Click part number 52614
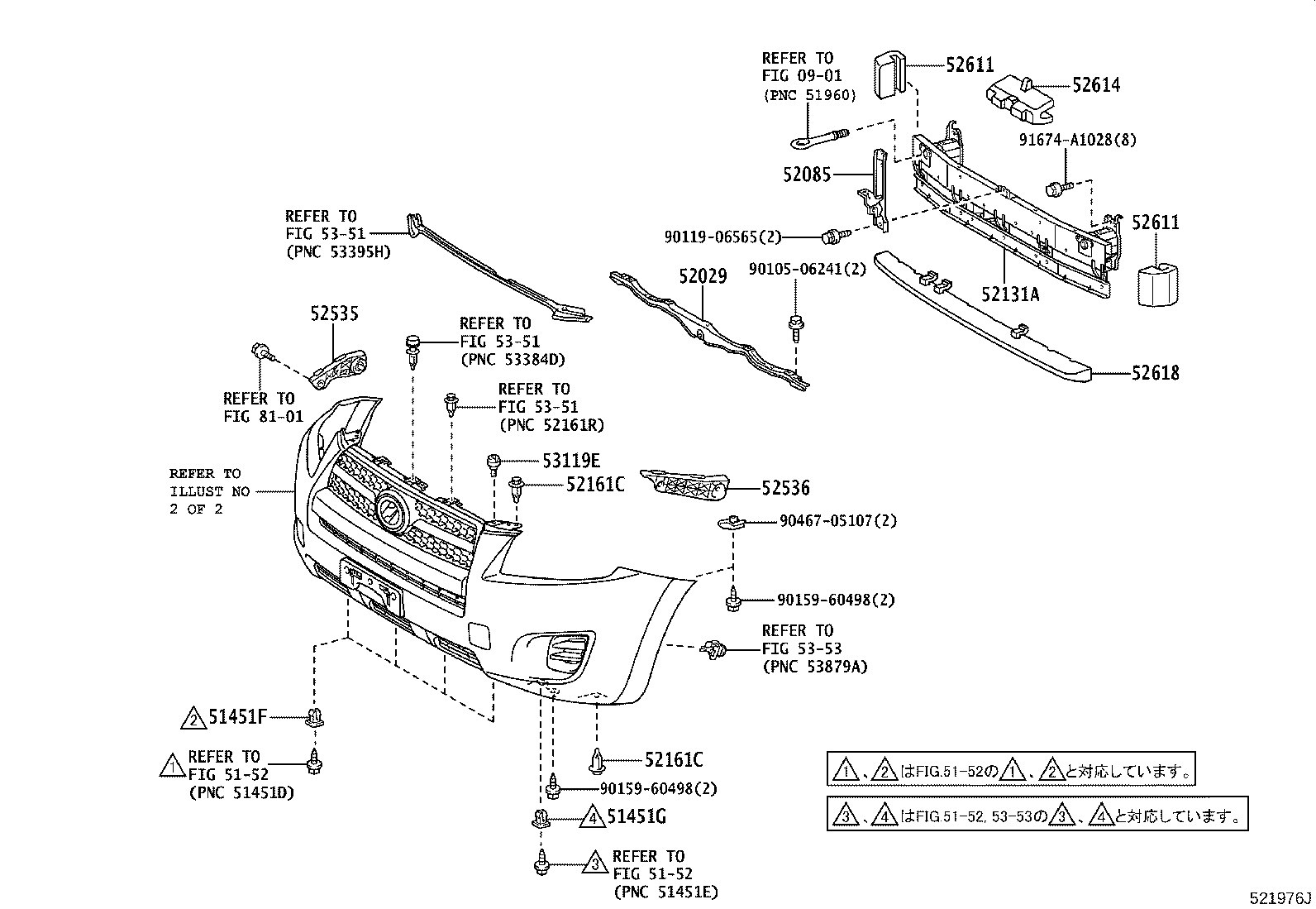point(1096,84)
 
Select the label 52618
point(1156,373)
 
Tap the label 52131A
point(1010,294)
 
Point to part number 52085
point(808,175)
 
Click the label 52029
point(703,276)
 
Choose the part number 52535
point(335,314)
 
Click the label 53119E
point(571,461)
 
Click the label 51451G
point(636,818)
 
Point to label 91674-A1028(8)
point(1076,140)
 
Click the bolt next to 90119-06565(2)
point(833,237)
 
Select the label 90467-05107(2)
point(837,521)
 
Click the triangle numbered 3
point(594,864)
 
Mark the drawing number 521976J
point(1280,897)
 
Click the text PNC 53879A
point(814,667)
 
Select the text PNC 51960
point(808,94)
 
